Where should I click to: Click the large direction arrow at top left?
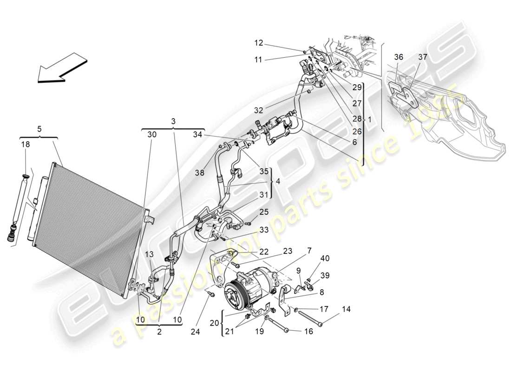click(x=62, y=67)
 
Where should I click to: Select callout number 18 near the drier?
click(x=25, y=145)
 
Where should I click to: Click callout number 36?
click(x=399, y=57)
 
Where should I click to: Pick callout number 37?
click(x=422, y=57)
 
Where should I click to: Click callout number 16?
click(x=309, y=331)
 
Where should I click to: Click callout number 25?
click(x=264, y=212)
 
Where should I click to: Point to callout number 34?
click(x=198, y=134)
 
